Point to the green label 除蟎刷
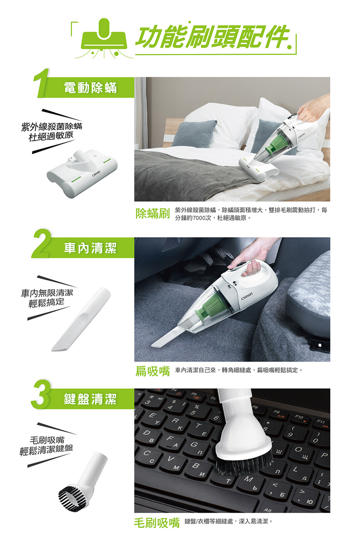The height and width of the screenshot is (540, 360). click(152, 213)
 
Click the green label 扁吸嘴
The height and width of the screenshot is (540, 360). click(152, 371)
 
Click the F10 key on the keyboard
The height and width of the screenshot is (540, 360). click(300, 418)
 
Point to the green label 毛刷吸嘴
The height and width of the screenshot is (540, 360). click(157, 522)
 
